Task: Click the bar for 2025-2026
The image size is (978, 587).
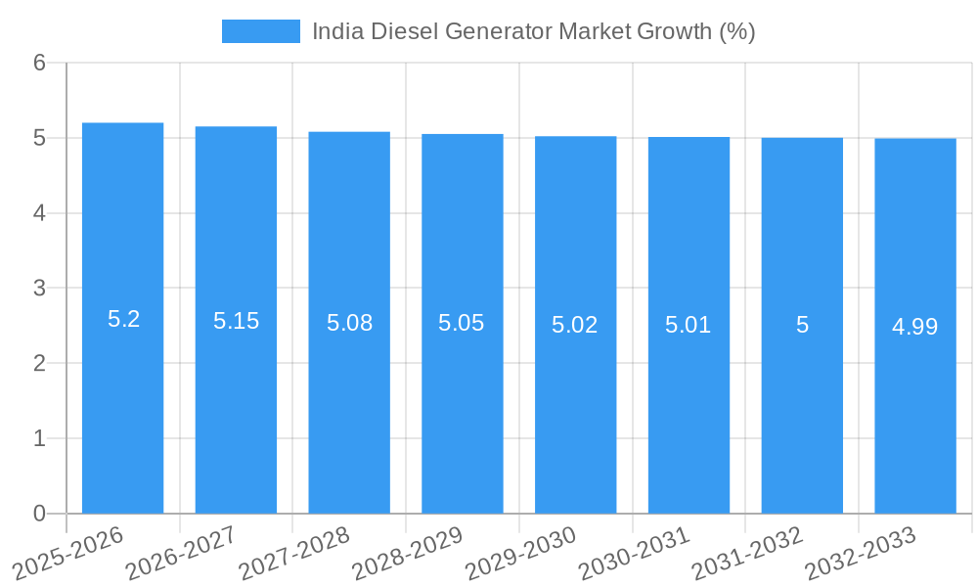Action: pos(122,411)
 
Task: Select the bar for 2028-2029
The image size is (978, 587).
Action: pos(463,411)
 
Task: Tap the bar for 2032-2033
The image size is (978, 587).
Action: pos(915,411)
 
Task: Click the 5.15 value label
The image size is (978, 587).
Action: pos(236,321)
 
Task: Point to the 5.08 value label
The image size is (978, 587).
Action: pos(349,323)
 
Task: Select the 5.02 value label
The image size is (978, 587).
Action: pos(575,325)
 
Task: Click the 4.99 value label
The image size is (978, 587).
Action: pos(915,327)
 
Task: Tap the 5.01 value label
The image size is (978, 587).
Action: pos(689,325)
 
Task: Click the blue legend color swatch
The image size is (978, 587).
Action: pos(261,31)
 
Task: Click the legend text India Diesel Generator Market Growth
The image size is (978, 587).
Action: pos(533,31)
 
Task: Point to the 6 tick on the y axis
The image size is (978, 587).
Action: pos(39,64)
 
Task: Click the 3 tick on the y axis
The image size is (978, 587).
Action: pos(39,289)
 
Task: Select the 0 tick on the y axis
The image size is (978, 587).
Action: pos(39,514)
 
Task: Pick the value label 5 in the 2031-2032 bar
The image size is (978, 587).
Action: pos(802,325)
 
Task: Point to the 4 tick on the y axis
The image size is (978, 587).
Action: pos(39,213)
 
